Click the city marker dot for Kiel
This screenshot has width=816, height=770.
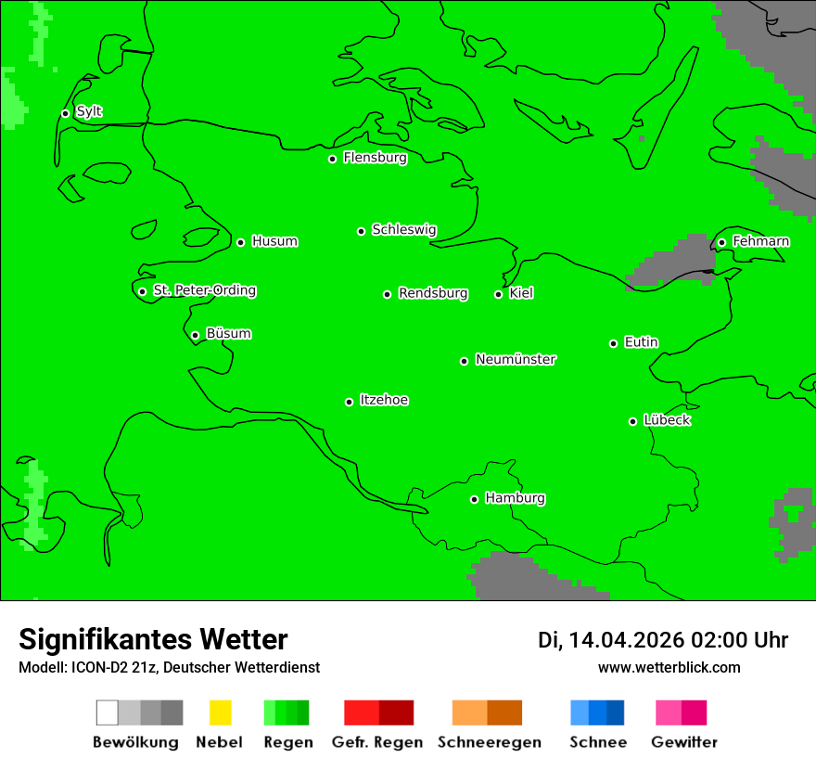(x=498, y=294)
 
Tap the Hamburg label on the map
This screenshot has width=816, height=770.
(x=515, y=498)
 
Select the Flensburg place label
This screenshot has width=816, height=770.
(x=375, y=158)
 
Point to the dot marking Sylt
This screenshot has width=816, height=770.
(x=65, y=113)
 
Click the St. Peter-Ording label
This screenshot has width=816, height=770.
(x=204, y=290)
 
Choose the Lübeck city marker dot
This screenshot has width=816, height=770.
(x=632, y=421)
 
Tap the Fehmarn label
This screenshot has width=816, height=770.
(x=760, y=241)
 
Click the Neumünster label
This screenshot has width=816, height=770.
(x=516, y=359)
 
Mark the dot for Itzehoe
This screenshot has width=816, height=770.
(x=349, y=402)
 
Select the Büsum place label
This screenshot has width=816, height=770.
(x=228, y=334)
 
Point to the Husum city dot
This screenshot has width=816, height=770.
(x=240, y=242)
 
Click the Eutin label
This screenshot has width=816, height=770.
(x=641, y=342)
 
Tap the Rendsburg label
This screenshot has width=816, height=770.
(x=433, y=293)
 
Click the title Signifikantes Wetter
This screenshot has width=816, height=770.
(x=153, y=639)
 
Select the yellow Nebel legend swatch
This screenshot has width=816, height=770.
(x=220, y=712)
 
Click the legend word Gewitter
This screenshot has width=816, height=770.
(x=684, y=742)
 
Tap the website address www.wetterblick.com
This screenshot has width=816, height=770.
(x=669, y=668)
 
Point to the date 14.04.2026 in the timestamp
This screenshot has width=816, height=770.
(x=626, y=640)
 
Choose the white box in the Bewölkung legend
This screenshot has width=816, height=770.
(x=107, y=712)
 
